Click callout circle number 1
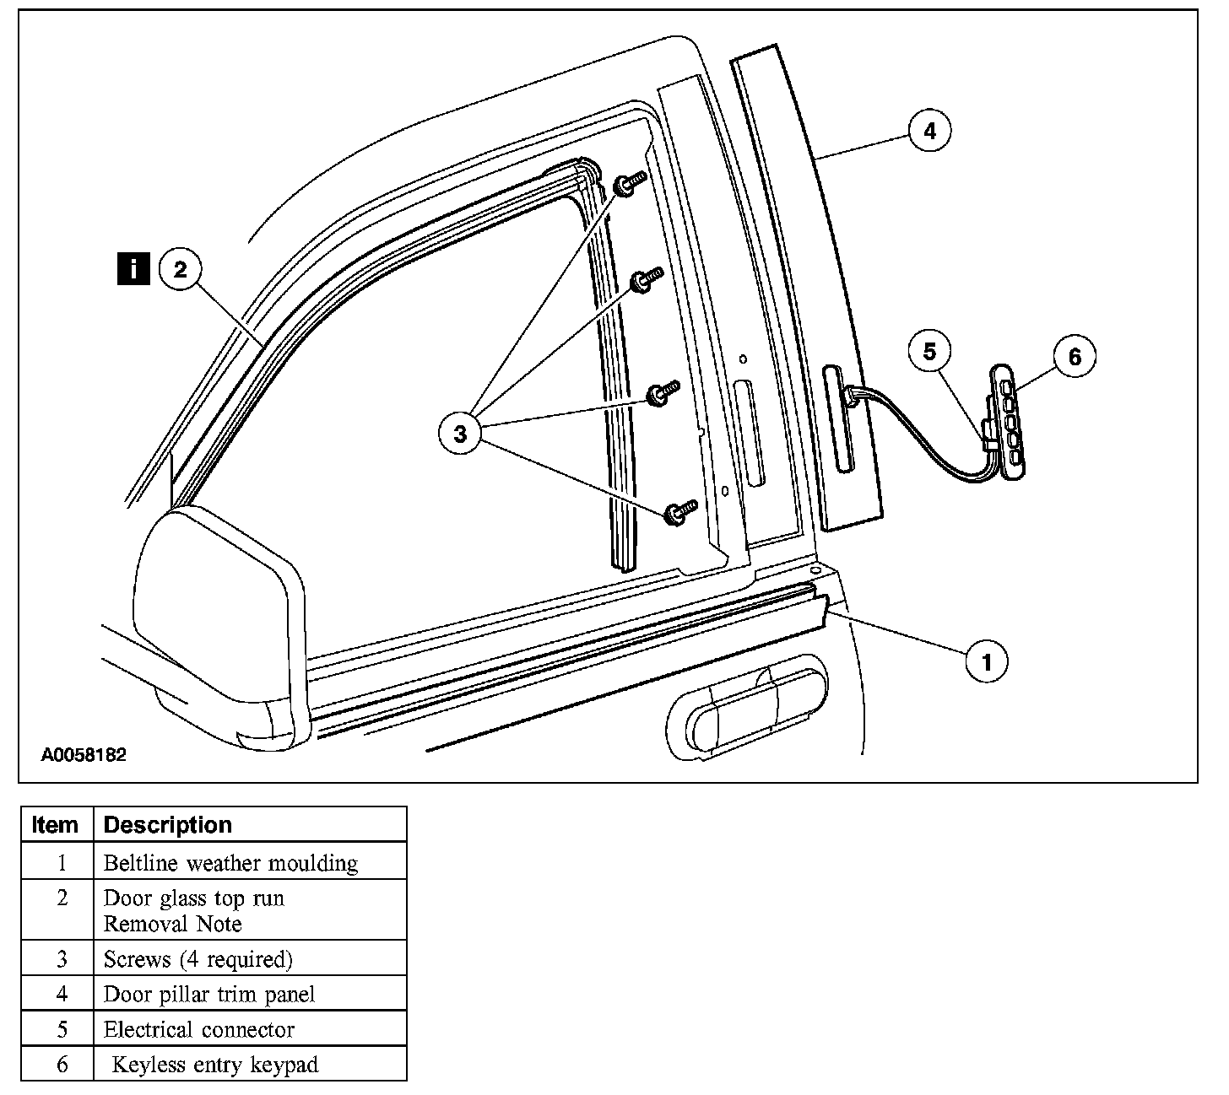986,661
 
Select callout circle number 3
460,434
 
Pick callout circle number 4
929,132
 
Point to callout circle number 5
929,351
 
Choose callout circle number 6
1075,357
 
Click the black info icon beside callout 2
134,270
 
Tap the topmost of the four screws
629,184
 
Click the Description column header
167,824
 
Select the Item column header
55,824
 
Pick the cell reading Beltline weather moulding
230,863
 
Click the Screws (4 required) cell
198,959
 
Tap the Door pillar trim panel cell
209,994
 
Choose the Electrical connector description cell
199,1029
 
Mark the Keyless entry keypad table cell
215,1065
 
